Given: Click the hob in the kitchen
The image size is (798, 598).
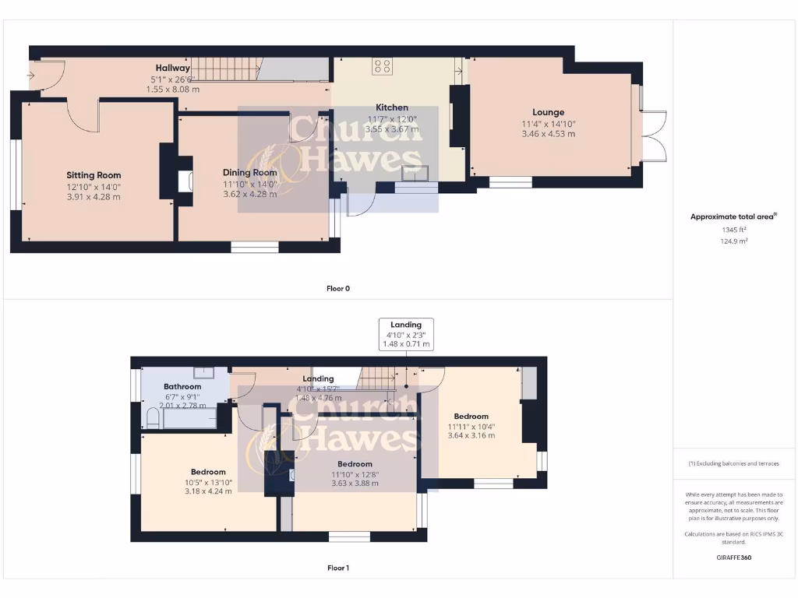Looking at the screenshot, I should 382,67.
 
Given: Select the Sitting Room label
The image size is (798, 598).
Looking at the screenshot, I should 94,175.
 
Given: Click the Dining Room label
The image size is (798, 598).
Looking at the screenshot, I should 249,173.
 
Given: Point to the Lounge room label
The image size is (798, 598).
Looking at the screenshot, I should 548,112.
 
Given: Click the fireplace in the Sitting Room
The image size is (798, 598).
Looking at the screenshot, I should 183,181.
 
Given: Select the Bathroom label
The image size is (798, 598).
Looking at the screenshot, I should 182,386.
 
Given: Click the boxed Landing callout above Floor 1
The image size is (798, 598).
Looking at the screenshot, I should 405,334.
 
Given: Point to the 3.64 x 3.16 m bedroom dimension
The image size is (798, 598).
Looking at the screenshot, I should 471,436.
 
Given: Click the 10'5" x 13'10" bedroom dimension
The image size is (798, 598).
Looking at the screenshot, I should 208,482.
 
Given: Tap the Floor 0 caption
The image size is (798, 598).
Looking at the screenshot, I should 337,288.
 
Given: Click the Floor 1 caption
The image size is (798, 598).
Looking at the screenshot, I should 337,568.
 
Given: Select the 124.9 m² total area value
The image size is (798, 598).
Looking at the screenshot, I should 733,241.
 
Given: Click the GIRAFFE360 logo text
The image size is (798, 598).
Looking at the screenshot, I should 733,558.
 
